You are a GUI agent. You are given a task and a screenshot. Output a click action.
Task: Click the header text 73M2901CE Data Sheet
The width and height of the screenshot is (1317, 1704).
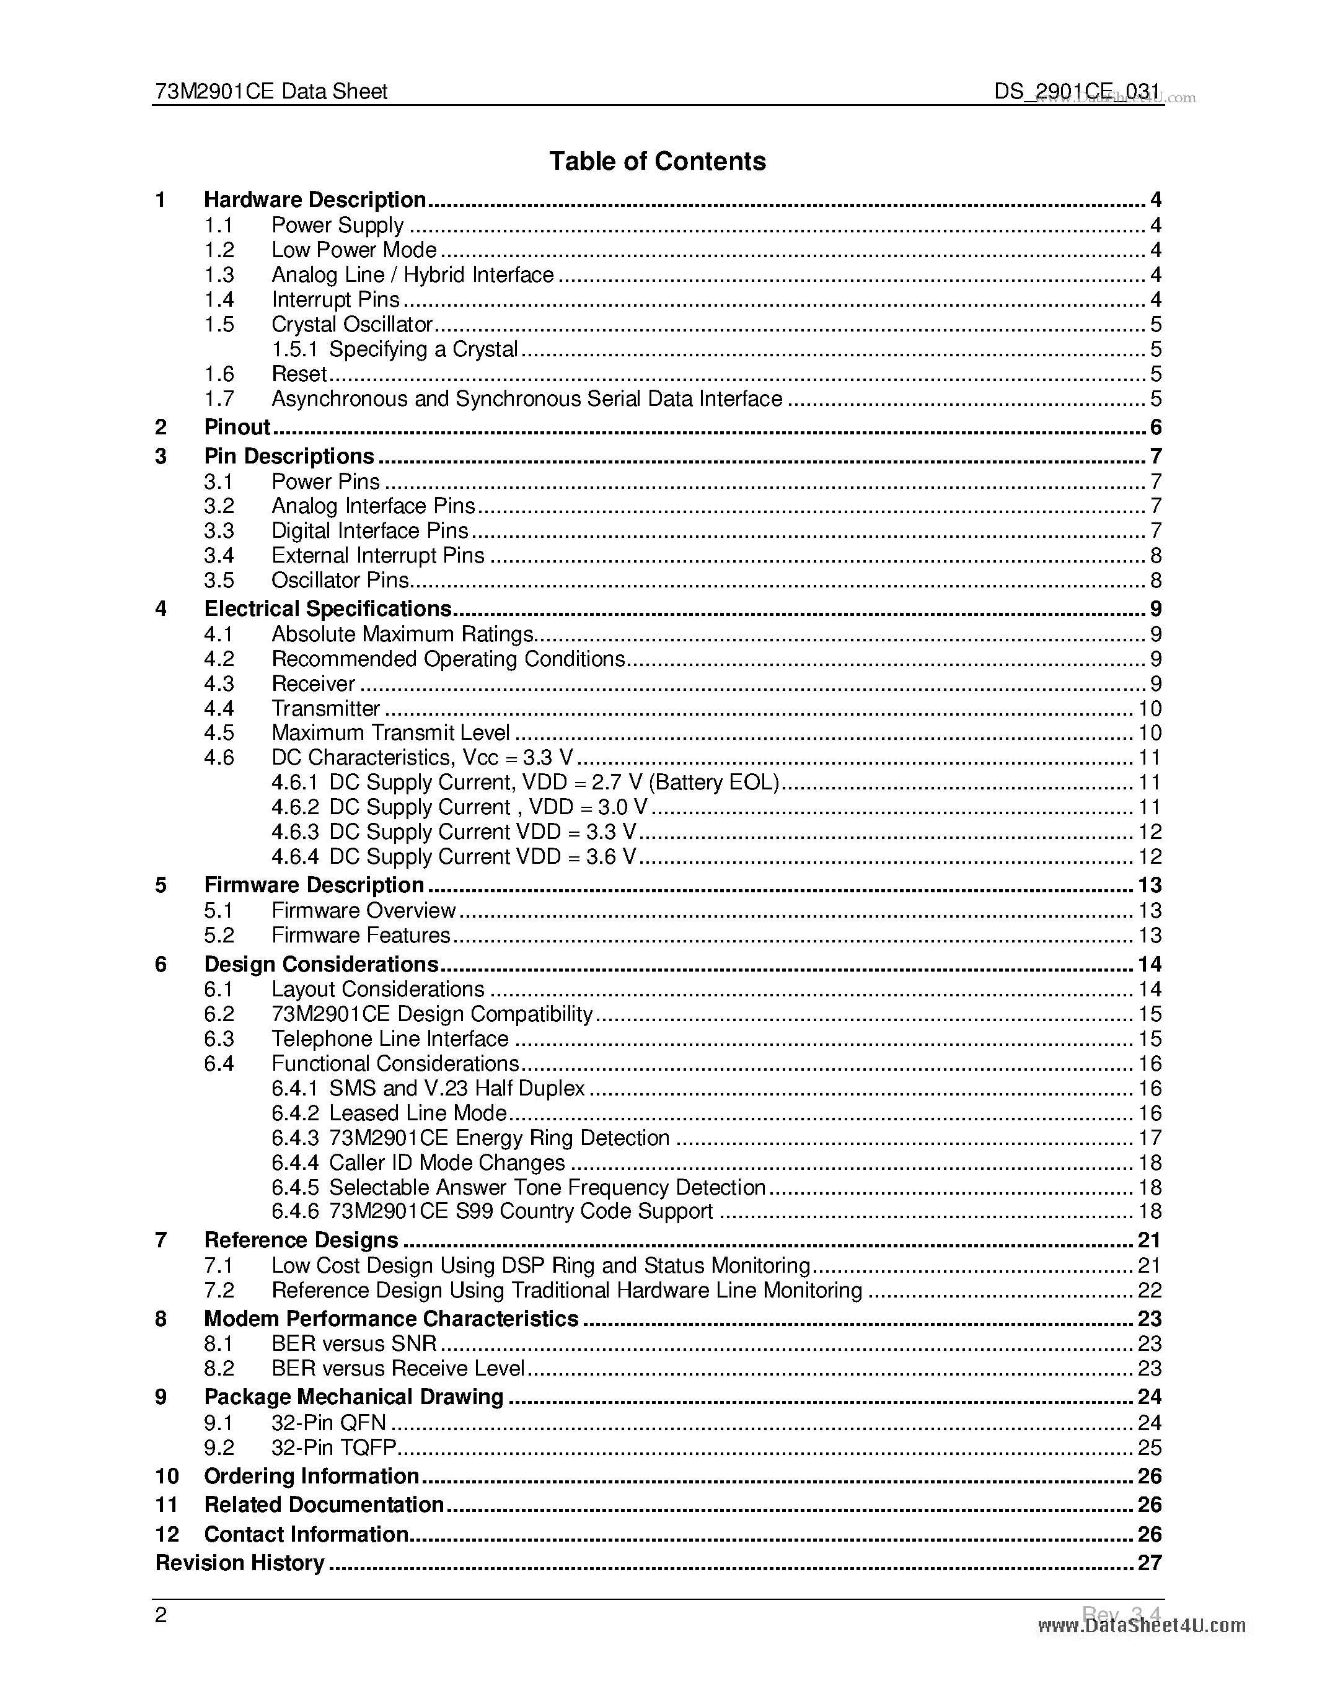coord(271,92)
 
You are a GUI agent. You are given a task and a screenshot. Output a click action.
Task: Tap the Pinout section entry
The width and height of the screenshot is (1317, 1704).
coord(236,427)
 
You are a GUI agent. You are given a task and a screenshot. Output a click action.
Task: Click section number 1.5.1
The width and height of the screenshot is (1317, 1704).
coord(294,349)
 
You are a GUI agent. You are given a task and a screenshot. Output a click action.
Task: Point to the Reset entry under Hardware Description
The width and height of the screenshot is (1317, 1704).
coord(298,374)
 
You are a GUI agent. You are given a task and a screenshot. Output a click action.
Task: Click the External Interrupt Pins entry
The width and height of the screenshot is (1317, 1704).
coord(377,556)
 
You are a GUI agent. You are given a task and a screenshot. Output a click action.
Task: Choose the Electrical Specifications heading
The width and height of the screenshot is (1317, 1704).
coord(328,608)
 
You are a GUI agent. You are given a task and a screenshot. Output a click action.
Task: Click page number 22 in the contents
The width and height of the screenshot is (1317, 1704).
coord(1149,1291)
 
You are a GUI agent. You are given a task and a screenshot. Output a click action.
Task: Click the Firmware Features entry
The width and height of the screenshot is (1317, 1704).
coord(361,936)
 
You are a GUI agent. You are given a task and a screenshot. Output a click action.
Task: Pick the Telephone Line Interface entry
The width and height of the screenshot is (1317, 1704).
coord(389,1039)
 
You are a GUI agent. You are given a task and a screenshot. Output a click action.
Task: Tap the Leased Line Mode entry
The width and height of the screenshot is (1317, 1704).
coord(418,1113)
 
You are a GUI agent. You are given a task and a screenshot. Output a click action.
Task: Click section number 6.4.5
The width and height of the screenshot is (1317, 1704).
coord(294,1187)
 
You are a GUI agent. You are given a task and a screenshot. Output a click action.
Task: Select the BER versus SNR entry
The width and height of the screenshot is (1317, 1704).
coord(353,1343)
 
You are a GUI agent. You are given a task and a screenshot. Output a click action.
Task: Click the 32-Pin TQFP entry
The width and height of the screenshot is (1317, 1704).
coord(334,1447)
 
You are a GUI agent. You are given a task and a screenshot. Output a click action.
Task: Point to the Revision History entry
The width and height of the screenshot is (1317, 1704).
coord(239,1563)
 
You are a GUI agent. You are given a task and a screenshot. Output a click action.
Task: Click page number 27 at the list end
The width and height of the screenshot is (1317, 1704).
coord(1149,1563)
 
